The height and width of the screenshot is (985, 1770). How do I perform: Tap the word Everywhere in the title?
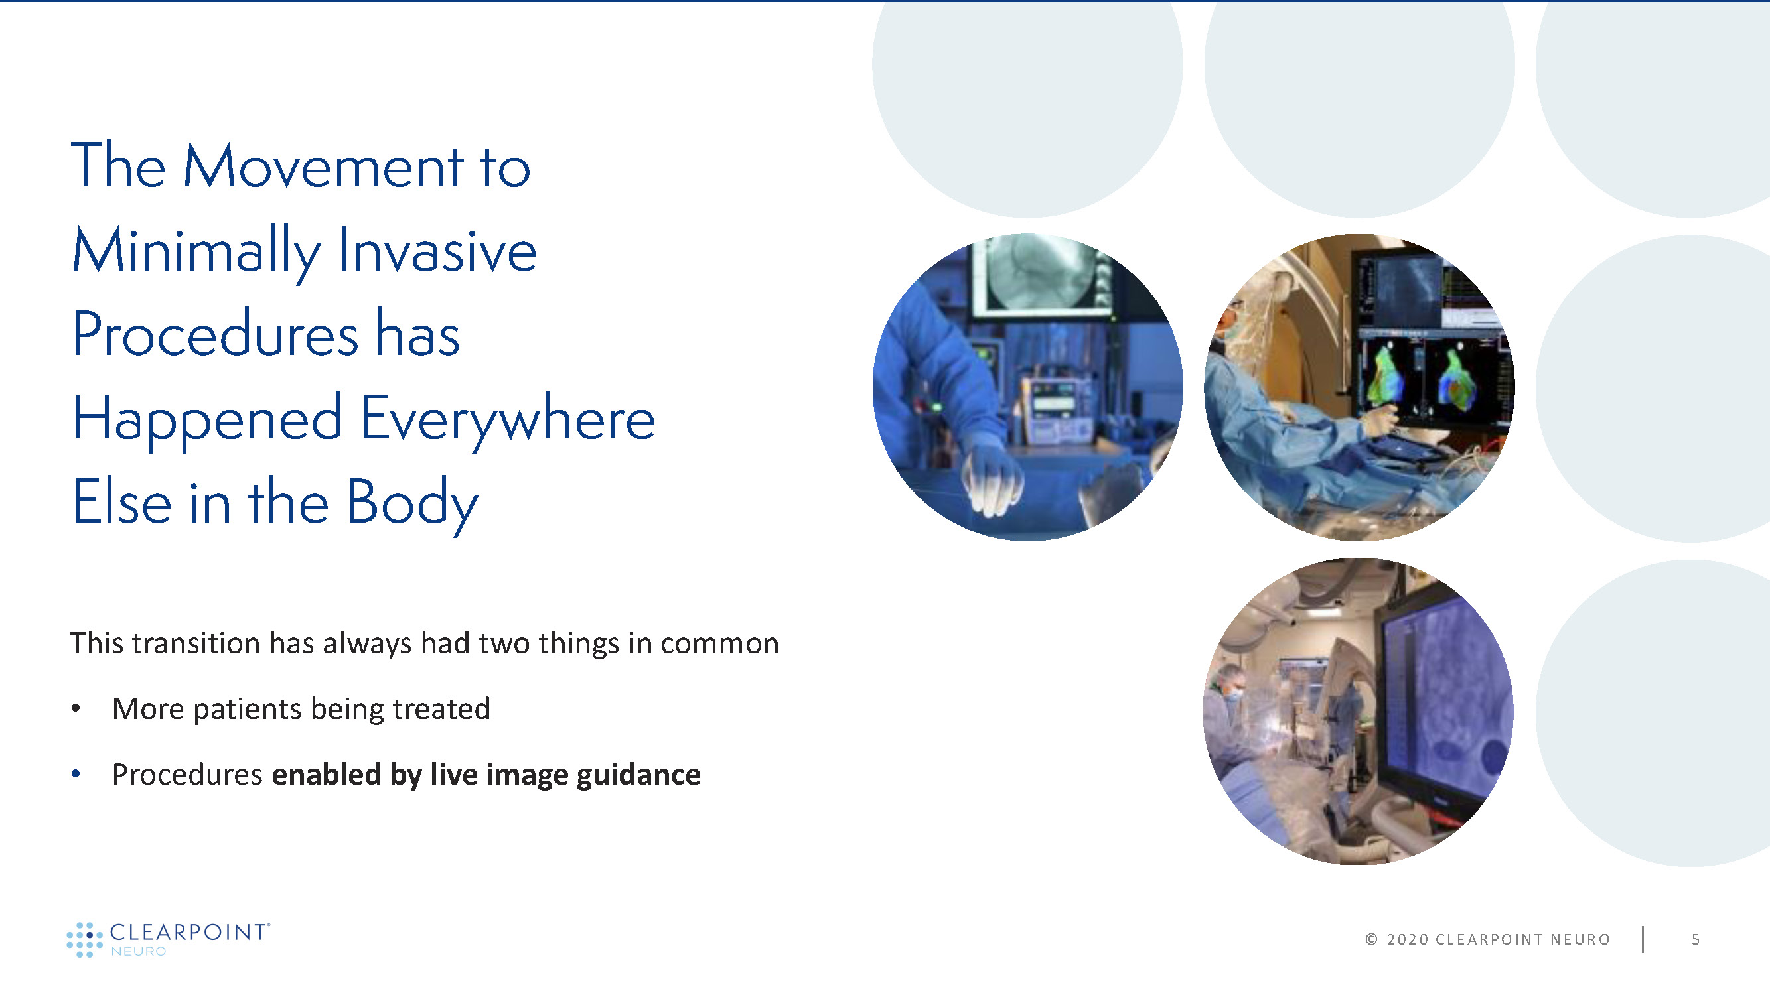pos(508,420)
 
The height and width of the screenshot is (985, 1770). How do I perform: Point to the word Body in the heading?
pos(411,503)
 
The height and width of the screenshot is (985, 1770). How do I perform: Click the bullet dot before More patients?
pos(76,708)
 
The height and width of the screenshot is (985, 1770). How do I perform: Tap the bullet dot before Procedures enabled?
pos(76,774)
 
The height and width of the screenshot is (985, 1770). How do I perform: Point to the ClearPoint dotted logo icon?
pos(84,939)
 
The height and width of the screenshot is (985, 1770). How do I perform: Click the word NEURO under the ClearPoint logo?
pos(138,951)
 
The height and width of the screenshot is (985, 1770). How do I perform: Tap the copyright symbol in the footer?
pos(1372,939)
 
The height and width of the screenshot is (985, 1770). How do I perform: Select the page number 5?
pos(1696,939)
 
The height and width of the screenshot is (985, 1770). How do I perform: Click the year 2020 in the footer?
pos(1408,939)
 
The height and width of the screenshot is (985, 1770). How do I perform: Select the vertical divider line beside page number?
pos(1643,939)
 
